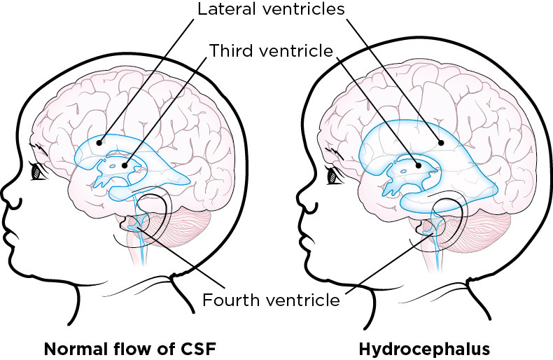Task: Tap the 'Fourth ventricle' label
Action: [271, 301]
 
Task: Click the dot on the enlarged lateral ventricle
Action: [441, 142]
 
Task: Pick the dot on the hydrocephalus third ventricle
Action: [419, 166]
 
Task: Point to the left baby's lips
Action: [15, 224]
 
